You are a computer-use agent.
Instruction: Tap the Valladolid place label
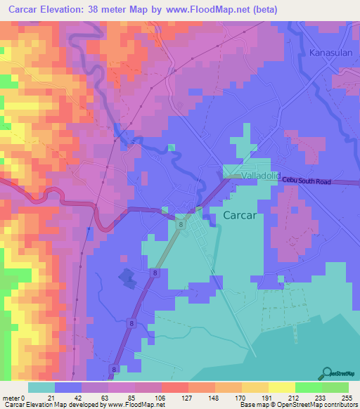(x=261, y=175)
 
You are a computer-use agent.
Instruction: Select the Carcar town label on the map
(x=239, y=216)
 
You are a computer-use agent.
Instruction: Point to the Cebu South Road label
(x=306, y=181)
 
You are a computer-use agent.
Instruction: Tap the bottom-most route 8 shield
(x=113, y=368)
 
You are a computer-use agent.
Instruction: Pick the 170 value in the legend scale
(x=233, y=398)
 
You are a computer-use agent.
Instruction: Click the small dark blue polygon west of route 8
(x=127, y=279)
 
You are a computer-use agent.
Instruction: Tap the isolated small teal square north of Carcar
(x=172, y=148)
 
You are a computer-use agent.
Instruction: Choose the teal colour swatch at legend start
(x=41, y=387)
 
